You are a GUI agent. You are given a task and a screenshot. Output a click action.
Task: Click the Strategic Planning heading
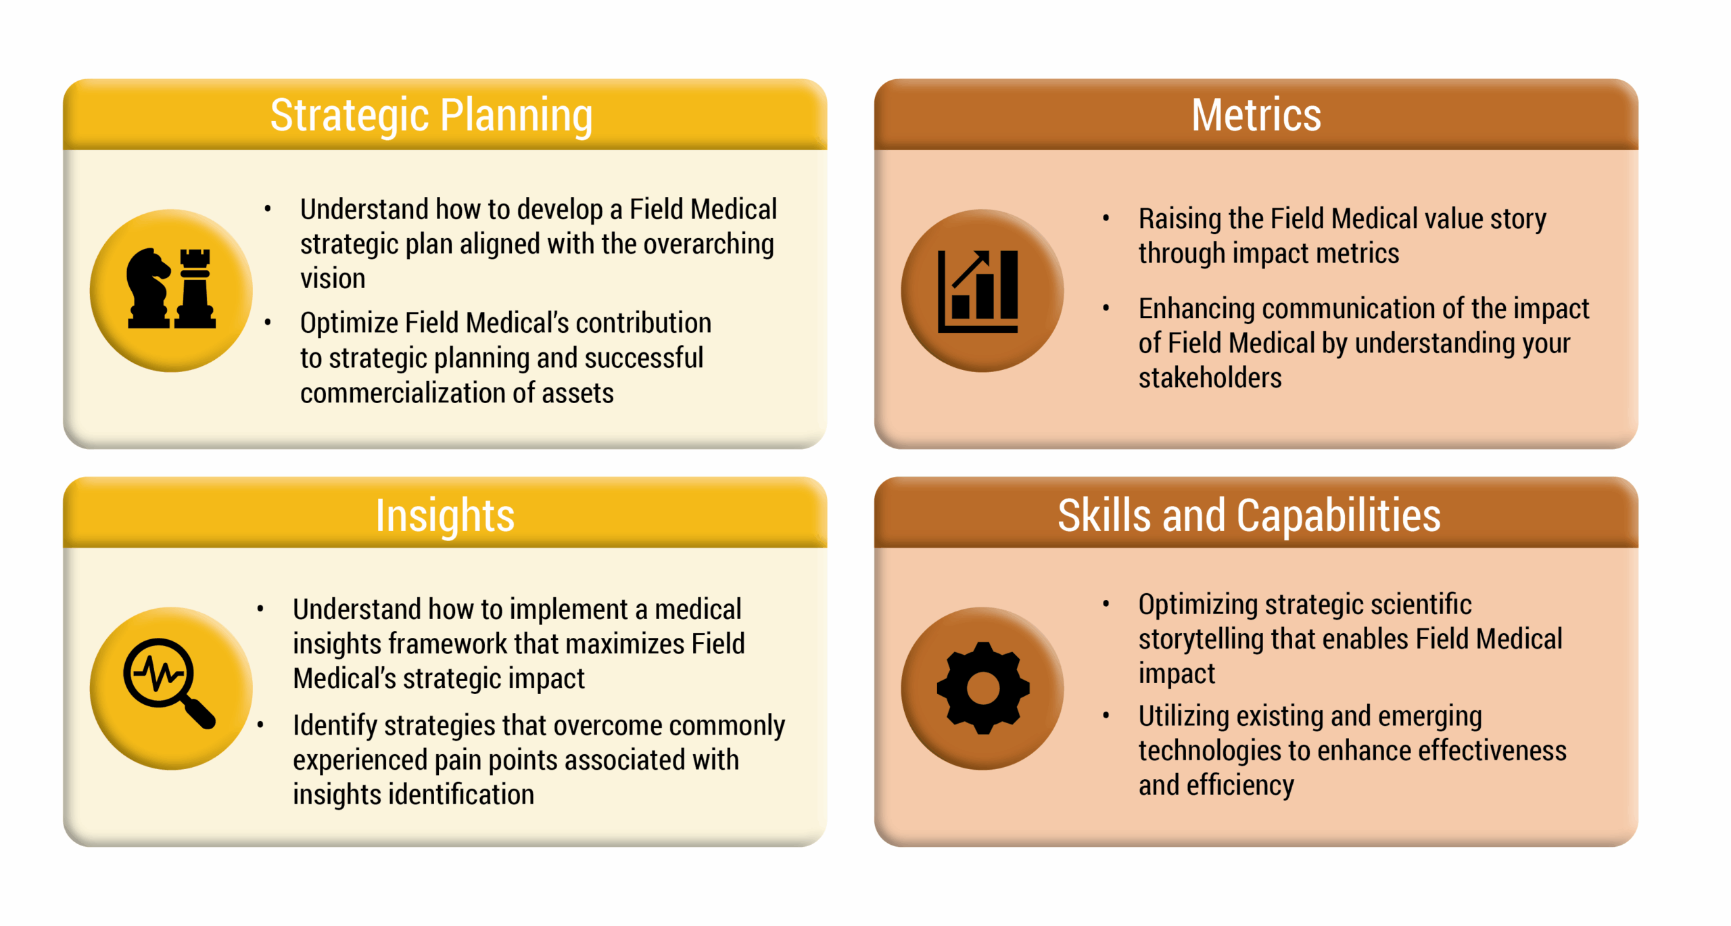pos(431,115)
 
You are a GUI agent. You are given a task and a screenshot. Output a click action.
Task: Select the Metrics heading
pos(1256,114)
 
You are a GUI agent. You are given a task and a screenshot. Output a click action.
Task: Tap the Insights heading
pos(445,515)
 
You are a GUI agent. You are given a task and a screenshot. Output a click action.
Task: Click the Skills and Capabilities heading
pos(1249,515)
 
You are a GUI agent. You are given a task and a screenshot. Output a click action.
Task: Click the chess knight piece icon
pos(148,288)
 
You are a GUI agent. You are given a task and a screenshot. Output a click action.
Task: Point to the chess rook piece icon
pos(195,289)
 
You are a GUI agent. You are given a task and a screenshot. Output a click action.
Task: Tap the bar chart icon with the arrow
pos(978,291)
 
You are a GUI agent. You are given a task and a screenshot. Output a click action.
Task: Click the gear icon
pos(982,688)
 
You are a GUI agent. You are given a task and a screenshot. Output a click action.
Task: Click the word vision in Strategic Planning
pos(333,279)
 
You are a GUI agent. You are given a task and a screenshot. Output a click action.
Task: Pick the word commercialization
pos(403,393)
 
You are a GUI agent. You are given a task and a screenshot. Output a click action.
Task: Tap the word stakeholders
pos(1210,377)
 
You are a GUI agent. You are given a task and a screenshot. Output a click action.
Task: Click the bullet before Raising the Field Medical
pos(1106,218)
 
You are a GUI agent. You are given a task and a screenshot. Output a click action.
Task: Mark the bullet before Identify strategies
pos(260,724)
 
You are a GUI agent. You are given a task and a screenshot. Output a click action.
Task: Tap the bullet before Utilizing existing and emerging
pos(1106,715)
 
